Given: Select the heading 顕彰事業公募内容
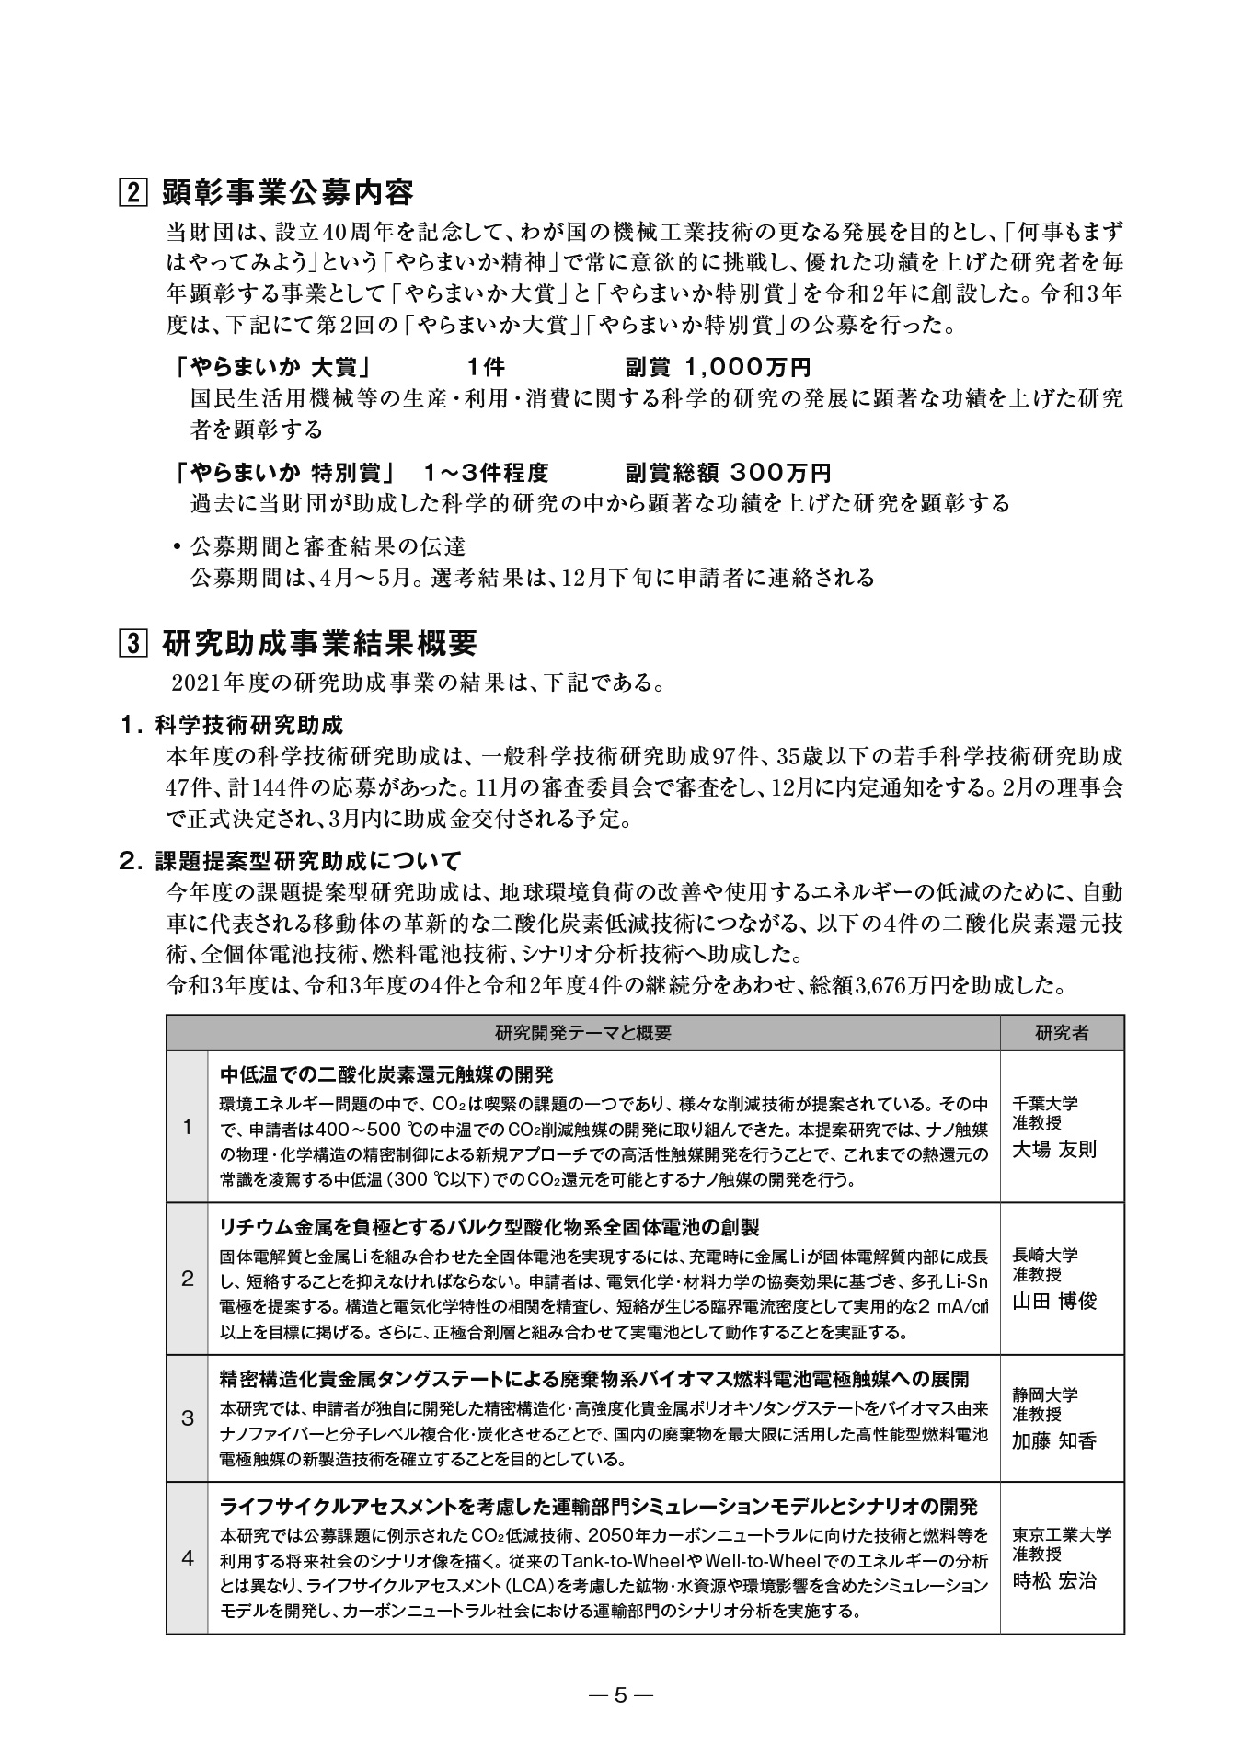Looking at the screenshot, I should coord(287,193).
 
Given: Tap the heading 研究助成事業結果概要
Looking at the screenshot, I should coord(319,642).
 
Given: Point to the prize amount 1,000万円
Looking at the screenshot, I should coord(747,368).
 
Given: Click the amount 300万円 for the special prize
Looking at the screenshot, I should coord(780,473).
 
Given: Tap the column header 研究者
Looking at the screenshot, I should coord(1061,1032).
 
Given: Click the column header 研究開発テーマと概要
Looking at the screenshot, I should coord(583,1032).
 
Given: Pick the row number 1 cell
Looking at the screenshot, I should coord(188,1127).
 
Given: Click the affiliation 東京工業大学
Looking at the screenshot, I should coord(1062,1534).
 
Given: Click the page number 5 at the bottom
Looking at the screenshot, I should coord(620,1694).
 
